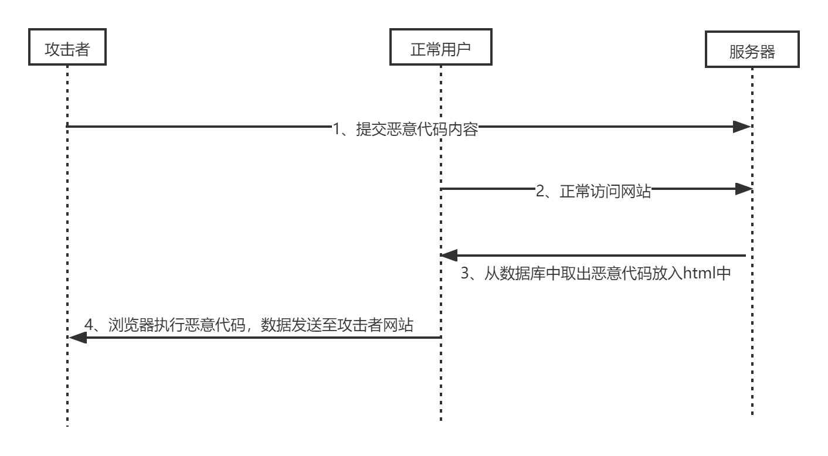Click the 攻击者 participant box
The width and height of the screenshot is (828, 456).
[x=67, y=49]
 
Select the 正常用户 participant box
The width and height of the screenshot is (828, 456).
[x=440, y=49]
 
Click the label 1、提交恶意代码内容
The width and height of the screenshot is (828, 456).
[x=405, y=129]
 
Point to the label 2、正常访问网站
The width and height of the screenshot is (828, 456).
[x=593, y=191]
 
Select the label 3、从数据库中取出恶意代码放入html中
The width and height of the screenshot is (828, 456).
[x=596, y=273]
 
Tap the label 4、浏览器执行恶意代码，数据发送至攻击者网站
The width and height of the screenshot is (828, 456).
[x=249, y=324]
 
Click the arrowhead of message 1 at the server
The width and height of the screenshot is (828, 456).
[x=743, y=127]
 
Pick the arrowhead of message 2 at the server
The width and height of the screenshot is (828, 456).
[x=743, y=189]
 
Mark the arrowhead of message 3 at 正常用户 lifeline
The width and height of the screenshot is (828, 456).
[x=449, y=256]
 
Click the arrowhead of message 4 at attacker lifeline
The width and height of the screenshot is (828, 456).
[x=77, y=338]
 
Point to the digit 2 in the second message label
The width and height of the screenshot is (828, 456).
[x=541, y=191]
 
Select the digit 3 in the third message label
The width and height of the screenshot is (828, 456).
[x=465, y=273]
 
